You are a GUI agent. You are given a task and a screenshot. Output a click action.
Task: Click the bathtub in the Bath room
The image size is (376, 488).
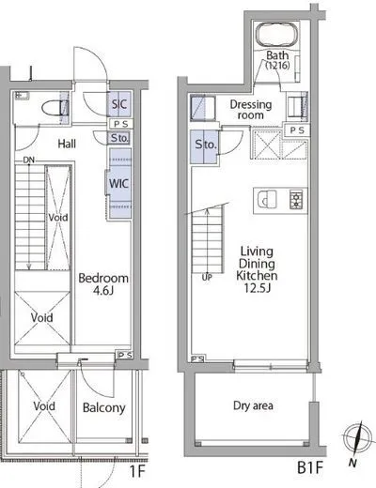coord(277,36)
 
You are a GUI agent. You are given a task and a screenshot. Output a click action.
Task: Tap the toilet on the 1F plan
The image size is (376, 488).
coord(55,108)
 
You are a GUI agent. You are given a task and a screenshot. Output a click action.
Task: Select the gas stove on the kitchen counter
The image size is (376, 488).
coord(296,199)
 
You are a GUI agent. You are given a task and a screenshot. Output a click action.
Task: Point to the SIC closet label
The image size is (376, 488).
coord(119,104)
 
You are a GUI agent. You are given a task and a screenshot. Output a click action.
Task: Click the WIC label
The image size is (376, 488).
coord(118,183)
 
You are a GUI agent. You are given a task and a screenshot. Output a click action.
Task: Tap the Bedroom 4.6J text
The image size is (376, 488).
coord(103,284)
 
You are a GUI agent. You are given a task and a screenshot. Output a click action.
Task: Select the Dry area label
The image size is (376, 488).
coord(253,405)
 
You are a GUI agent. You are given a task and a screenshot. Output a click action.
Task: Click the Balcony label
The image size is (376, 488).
coord(103,407)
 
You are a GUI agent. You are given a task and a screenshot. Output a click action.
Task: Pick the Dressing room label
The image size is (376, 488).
coord(251,110)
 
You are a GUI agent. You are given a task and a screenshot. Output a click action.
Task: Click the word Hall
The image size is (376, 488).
coord(67,144)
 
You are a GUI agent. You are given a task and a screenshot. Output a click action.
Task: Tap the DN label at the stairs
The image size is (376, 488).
coord(28,160)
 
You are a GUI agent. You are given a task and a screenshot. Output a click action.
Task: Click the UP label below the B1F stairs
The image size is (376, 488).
coord(207,277)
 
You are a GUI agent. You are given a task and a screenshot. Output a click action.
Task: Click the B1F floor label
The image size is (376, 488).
coord(310,468)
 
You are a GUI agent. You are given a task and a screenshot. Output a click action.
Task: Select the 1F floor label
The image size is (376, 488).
coord(136,471)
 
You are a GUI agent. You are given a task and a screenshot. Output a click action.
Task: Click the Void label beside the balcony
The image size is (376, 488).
coord(44,406)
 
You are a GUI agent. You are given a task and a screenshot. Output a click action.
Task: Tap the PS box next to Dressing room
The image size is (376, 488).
coord(297,130)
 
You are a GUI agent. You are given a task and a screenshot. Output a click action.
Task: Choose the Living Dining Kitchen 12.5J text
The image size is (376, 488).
coord(257,269)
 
